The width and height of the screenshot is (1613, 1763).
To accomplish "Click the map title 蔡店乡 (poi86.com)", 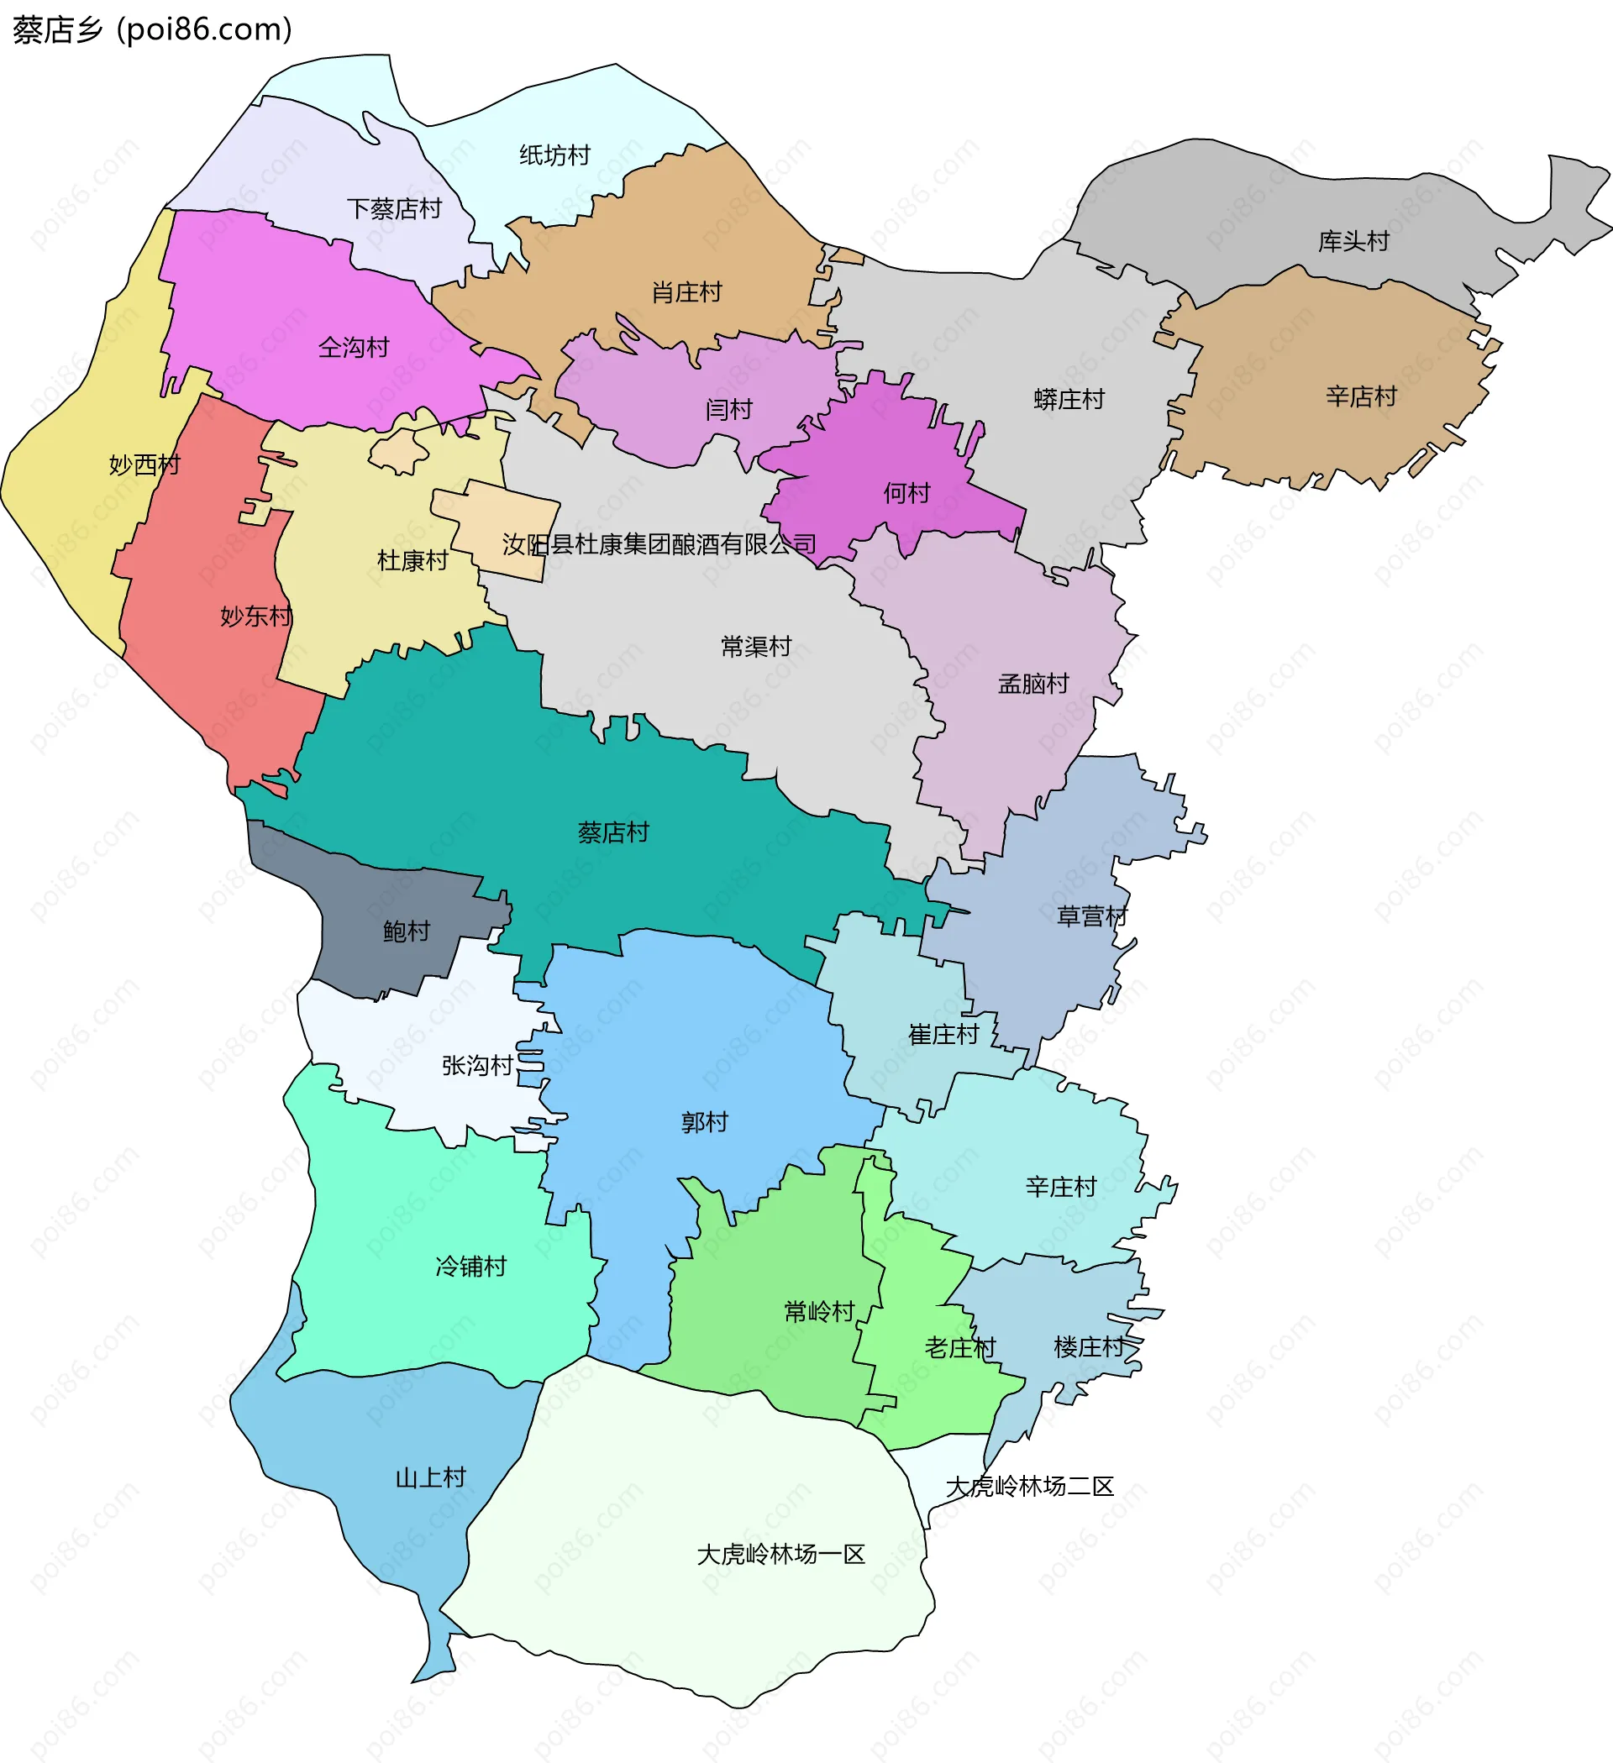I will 152,29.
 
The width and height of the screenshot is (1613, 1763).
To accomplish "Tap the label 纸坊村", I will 554,155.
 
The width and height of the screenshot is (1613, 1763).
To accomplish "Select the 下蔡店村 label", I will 394,209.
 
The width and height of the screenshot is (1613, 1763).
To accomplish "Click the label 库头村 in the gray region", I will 1353,241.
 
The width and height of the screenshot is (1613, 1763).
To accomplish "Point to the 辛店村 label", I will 1360,397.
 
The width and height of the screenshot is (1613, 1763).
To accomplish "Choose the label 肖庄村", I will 686,292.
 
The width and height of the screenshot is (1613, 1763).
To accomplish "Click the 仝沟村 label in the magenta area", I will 354,348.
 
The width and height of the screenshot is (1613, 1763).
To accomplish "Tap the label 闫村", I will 728,409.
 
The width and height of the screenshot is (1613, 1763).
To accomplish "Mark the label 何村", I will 906,493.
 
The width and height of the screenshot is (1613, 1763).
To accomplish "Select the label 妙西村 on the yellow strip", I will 144,465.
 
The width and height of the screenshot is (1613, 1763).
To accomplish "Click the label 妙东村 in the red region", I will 255,617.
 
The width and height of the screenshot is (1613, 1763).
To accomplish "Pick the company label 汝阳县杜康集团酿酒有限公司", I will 659,545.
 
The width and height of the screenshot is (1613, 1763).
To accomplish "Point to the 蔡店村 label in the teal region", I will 613,832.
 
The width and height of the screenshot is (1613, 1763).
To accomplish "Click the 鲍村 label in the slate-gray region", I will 407,931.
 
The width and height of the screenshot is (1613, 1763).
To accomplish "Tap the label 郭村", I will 704,1122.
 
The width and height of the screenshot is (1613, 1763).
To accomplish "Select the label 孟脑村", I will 1033,684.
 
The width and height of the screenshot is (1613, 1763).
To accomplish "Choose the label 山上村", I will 430,1478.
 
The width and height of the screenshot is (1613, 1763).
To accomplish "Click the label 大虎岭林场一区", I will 780,1554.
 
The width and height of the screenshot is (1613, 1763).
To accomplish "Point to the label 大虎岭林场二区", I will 1030,1487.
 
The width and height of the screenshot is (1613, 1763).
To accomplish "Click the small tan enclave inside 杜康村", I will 398,452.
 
